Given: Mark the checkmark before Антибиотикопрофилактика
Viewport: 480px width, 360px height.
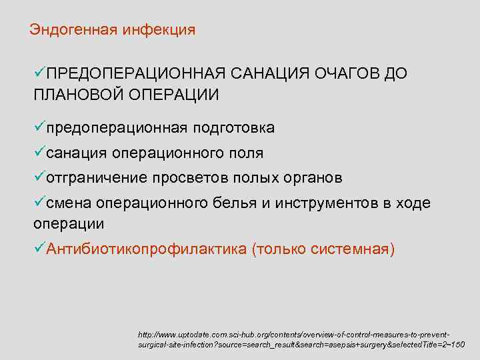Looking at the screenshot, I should point(39,248).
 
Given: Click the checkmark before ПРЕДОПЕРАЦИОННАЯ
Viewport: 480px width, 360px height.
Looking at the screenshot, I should point(39,73).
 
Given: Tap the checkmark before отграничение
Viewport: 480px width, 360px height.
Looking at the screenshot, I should point(39,177).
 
